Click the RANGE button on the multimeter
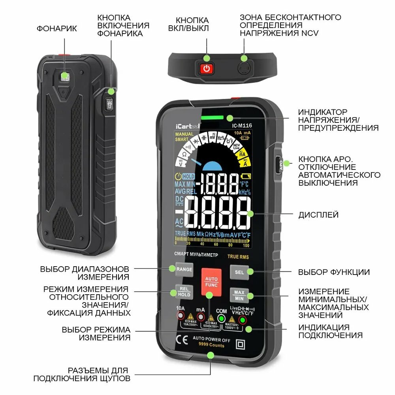(x=184, y=269)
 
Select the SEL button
(x=239, y=272)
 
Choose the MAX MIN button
(x=239, y=294)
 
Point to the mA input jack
(x=201, y=317)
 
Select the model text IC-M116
(x=242, y=126)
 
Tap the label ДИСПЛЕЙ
(x=318, y=215)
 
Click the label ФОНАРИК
(x=57, y=28)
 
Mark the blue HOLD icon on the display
(x=189, y=177)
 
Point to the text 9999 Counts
(x=211, y=346)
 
